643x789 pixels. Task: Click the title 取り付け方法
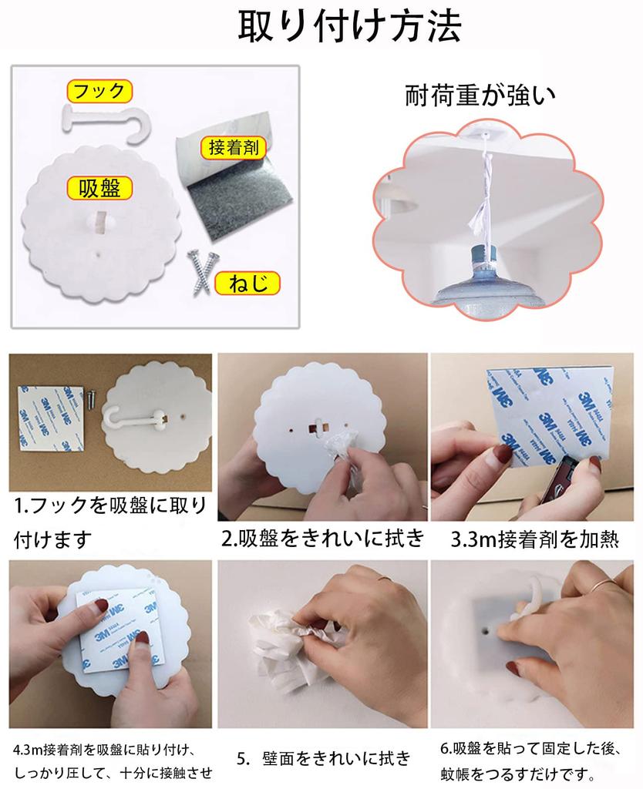point(349,25)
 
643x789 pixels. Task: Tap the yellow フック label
point(99,91)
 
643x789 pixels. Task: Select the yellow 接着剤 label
point(233,147)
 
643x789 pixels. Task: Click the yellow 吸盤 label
point(99,189)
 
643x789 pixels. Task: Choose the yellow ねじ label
point(247,284)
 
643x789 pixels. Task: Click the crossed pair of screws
point(201,272)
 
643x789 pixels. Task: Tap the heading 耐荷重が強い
point(480,95)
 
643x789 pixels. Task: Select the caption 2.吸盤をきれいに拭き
point(323,539)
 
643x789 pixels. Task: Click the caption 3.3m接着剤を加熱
point(534,539)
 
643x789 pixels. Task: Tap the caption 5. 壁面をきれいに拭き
point(324,758)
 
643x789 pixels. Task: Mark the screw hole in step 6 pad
point(486,629)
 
